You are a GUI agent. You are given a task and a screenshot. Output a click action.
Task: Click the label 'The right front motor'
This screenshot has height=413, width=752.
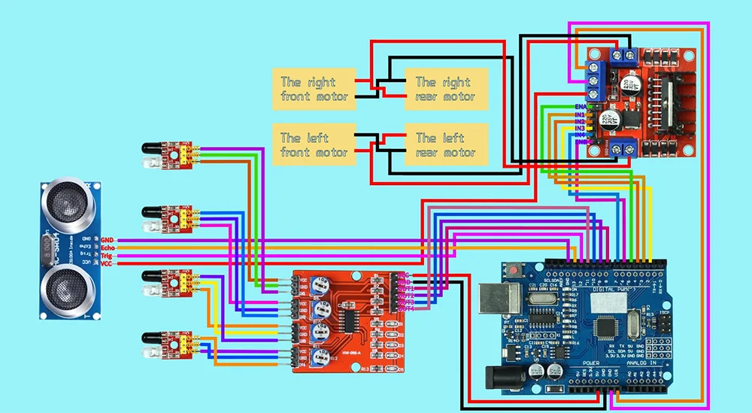pyautogui.click(x=314, y=88)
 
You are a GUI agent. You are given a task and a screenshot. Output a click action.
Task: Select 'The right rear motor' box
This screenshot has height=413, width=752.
pyautogui.click(x=447, y=88)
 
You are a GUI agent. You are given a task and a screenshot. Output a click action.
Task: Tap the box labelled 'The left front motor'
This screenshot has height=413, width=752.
pyautogui.click(x=314, y=144)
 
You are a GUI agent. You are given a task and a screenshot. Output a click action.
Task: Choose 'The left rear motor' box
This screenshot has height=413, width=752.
pyautogui.click(x=447, y=144)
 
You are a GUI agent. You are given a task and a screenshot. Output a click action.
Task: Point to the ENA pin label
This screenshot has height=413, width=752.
pyautogui.click(x=580, y=107)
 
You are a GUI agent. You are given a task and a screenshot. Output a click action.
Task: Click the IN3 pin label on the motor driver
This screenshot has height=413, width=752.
pyautogui.click(x=580, y=129)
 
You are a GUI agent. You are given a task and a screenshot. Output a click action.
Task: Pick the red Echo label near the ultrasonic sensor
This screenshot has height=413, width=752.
pyautogui.click(x=108, y=247)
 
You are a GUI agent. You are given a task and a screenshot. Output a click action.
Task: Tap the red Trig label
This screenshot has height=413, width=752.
pyautogui.click(x=108, y=256)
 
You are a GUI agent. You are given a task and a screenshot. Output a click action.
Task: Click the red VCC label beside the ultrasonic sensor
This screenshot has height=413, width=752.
pyautogui.click(x=107, y=264)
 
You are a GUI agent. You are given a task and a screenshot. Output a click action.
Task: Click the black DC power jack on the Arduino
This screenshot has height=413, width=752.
pyautogui.click(x=504, y=377)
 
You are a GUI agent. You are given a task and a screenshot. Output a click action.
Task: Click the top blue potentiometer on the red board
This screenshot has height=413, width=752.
pyautogui.click(x=322, y=284)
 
